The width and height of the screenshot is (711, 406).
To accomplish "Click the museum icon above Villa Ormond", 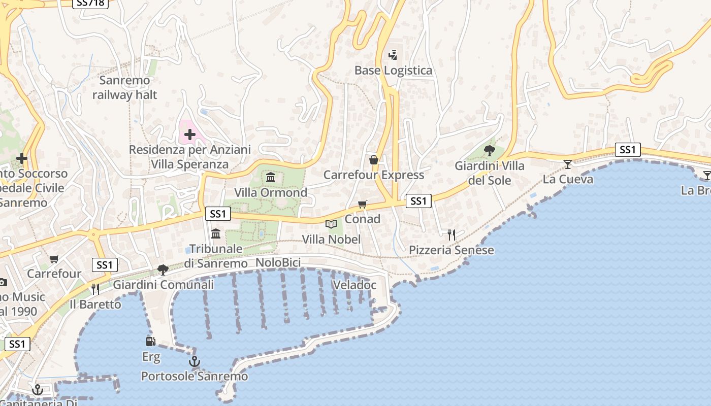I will tap(271, 178).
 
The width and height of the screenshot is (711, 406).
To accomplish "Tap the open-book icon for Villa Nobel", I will tap(331, 224).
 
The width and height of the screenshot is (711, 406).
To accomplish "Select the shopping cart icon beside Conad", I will tap(362, 204).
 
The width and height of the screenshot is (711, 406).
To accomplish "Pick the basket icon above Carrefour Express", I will tap(374, 160).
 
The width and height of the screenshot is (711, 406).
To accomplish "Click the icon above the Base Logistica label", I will tap(393, 55).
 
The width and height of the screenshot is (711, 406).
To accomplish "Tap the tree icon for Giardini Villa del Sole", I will tap(490, 150).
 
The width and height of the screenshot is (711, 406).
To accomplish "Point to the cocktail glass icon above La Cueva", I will tap(568, 164).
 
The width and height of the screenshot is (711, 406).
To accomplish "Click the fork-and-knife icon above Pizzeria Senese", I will tap(451, 234).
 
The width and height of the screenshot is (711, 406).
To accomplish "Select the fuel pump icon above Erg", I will tap(150, 342).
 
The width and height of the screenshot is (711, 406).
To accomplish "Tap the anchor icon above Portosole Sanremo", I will tap(194, 361).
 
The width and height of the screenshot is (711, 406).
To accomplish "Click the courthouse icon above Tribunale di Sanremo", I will tap(216, 233).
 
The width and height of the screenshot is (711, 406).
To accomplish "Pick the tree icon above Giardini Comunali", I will tap(163, 269).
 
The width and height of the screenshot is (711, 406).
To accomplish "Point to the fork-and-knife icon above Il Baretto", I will tap(95, 289).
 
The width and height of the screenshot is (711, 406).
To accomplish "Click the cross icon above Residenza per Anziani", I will tap(190, 134).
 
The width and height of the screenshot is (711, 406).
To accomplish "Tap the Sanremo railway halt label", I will tap(125, 87).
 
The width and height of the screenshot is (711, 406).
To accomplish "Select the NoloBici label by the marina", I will tap(278, 262).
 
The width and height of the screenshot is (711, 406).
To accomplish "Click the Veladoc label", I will tap(354, 285).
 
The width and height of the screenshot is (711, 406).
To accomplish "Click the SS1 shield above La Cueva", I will tap(628, 150).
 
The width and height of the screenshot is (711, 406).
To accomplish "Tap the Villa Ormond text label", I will tap(271, 192).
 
